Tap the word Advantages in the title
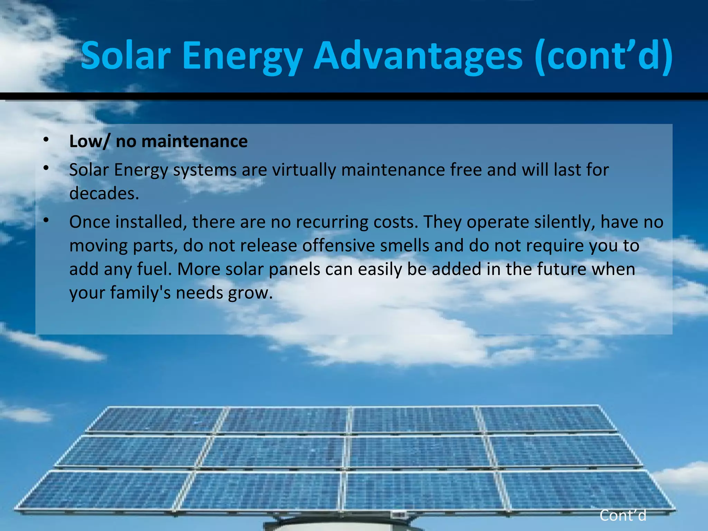click(418, 55)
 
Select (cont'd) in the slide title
click(604, 55)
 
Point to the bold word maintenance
click(195, 141)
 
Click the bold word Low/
click(89, 141)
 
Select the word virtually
click(304, 170)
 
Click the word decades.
click(104, 193)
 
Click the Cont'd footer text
click(623, 515)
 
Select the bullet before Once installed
click(46, 220)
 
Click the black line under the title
click(354, 96)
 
